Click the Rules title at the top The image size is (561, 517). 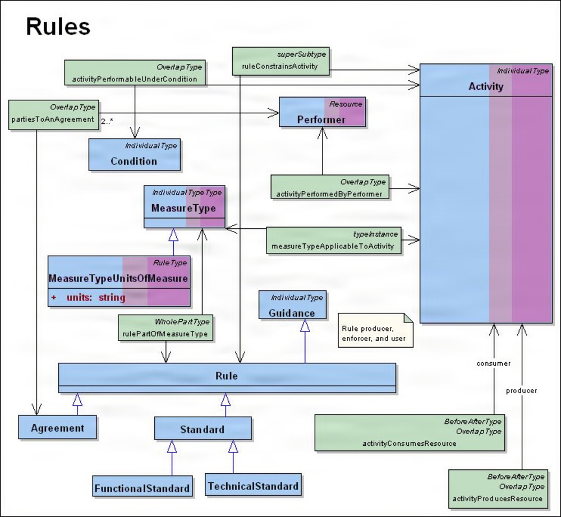click(58, 26)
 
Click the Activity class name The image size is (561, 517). click(486, 86)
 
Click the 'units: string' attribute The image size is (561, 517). click(95, 297)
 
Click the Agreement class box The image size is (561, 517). click(57, 428)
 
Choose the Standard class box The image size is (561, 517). click(203, 430)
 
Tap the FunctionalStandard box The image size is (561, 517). click(142, 488)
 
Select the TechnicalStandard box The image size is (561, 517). click(252, 486)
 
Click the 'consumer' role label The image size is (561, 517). click(493, 363)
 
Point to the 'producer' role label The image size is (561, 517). click(521, 390)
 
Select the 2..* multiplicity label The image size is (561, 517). click(107, 120)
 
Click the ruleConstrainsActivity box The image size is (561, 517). click(280, 61)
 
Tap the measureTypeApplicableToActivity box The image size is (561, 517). click(334, 241)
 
